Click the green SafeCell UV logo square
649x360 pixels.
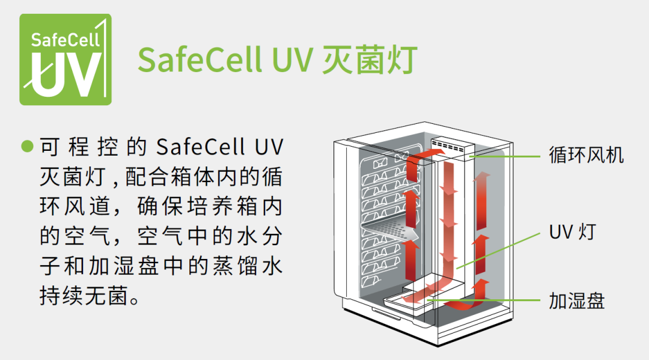(x=66, y=59)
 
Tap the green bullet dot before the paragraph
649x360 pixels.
(x=26, y=147)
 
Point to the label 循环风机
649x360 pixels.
(x=587, y=154)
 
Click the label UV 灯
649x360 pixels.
(x=571, y=231)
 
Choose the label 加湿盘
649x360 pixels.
(x=577, y=300)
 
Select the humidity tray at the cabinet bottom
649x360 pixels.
(x=421, y=294)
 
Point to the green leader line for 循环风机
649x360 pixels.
(x=505, y=156)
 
